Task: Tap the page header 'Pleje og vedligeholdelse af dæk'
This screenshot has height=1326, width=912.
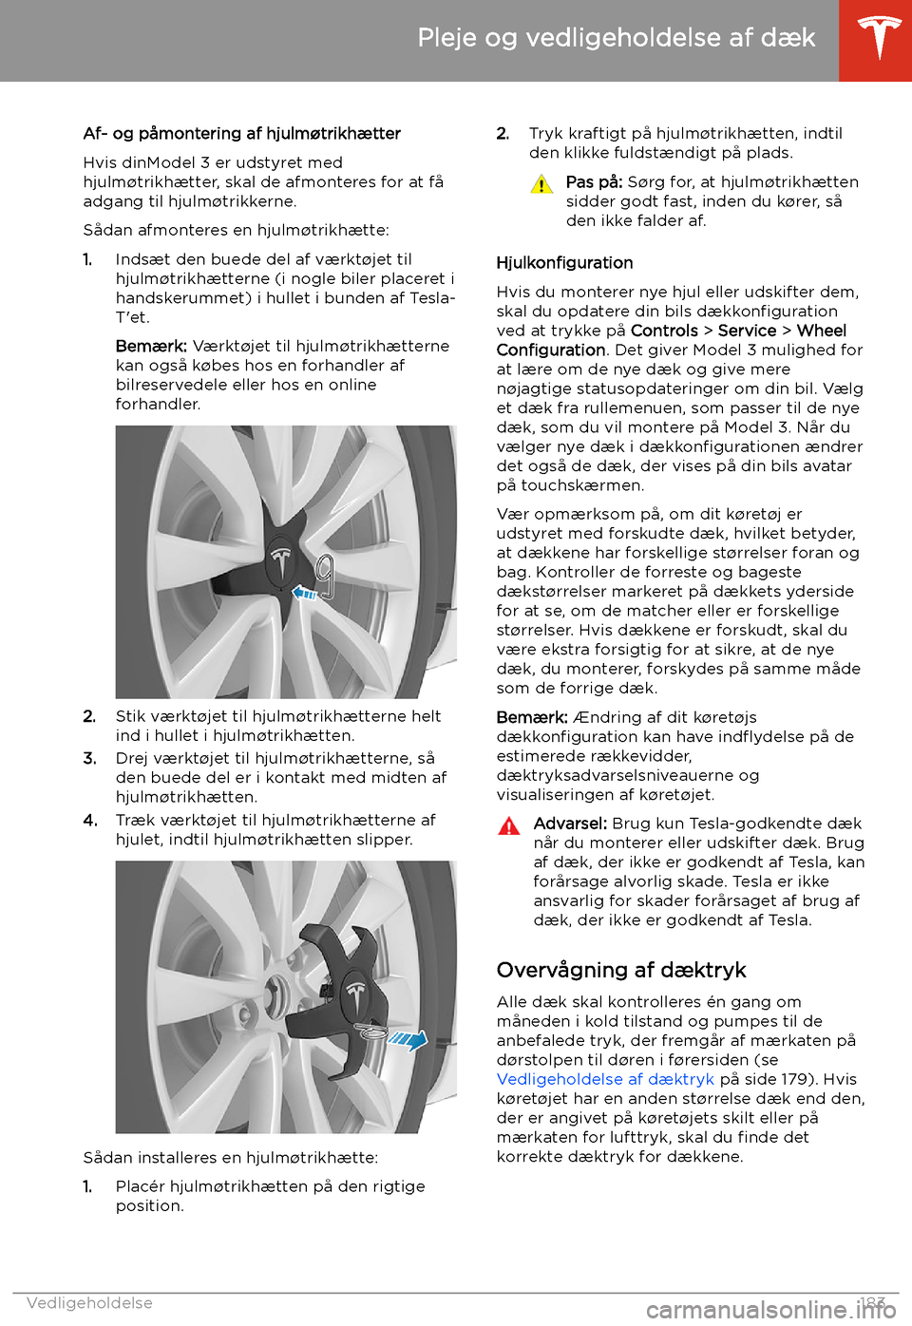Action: click(616, 38)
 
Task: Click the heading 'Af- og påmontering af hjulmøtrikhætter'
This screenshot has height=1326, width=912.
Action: click(241, 134)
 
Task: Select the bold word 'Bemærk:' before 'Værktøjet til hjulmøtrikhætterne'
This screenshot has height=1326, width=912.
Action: click(150, 347)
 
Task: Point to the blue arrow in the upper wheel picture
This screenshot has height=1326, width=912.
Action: click(304, 594)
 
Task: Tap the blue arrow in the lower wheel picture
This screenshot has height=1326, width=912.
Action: click(408, 1040)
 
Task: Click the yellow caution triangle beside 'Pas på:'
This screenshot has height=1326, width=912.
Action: click(541, 184)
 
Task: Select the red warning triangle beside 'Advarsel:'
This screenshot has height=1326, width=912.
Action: click(509, 825)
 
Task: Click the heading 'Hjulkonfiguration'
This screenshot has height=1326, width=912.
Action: click(564, 263)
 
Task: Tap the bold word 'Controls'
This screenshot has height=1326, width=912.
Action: click(664, 331)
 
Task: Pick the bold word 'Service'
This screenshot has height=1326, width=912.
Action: click(747, 331)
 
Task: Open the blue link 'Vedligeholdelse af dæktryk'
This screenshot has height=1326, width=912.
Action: click(605, 1080)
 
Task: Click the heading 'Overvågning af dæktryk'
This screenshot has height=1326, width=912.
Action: click(621, 971)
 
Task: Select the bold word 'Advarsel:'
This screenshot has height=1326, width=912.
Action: click(570, 824)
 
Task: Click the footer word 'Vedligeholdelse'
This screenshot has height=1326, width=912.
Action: click(89, 1303)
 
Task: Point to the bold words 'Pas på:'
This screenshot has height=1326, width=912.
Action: click(594, 182)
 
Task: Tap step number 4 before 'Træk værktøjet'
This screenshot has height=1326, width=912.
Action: click(89, 821)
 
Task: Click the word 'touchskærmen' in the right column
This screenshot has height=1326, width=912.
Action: click(580, 486)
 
